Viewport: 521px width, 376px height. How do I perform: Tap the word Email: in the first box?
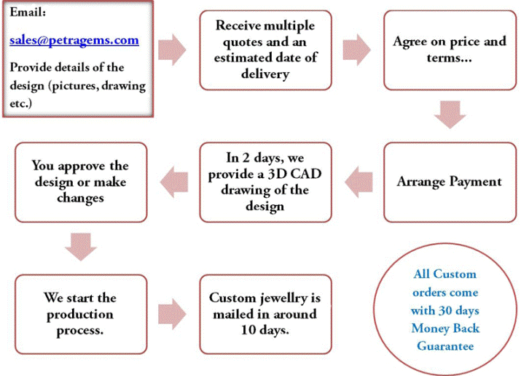click(x=28, y=13)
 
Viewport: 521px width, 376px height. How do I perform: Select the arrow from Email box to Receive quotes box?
click(x=172, y=50)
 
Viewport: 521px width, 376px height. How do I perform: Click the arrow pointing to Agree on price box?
click(x=355, y=50)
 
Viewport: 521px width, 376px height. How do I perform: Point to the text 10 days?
click(x=265, y=329)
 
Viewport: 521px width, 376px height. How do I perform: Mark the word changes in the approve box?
click(x=80, y=198)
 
